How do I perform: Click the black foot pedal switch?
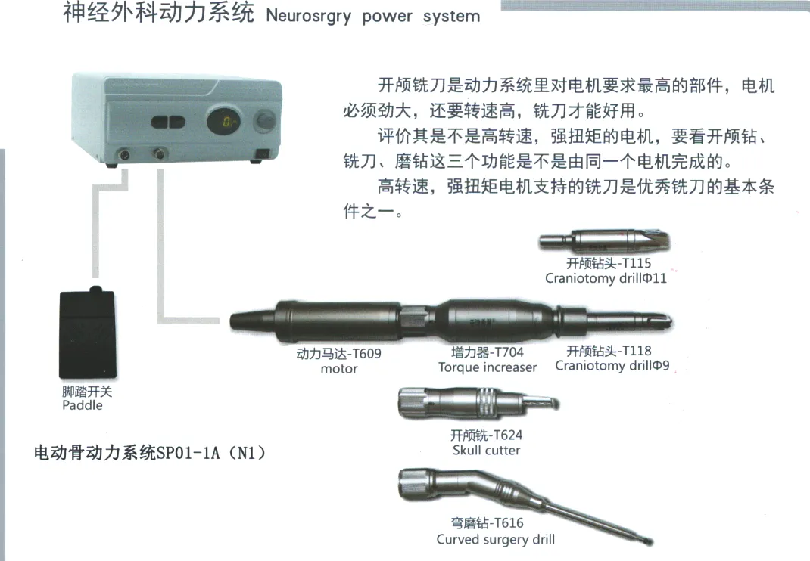click(88, 333)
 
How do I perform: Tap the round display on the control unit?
click(223, 121)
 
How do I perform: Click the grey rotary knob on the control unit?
click(266, 121)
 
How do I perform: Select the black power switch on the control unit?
click(263, 153)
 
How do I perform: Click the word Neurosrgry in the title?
click(308, 17)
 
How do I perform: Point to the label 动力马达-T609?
click(339, 354)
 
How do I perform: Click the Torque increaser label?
click(488, 367)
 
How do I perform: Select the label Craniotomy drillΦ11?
click(606, 278)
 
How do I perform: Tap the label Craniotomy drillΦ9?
click(612, 365)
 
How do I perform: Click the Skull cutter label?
click(486, 450)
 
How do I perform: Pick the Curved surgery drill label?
click(495, 539)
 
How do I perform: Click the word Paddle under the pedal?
click(83, 405)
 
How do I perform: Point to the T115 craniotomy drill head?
click(604, 241)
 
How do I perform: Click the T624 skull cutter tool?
click(478, 402)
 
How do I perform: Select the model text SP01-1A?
click(188, 453)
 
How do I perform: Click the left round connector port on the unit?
click(124, 154)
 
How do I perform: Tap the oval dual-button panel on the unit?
click(168, 122)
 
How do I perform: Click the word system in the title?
click(451, 17)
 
